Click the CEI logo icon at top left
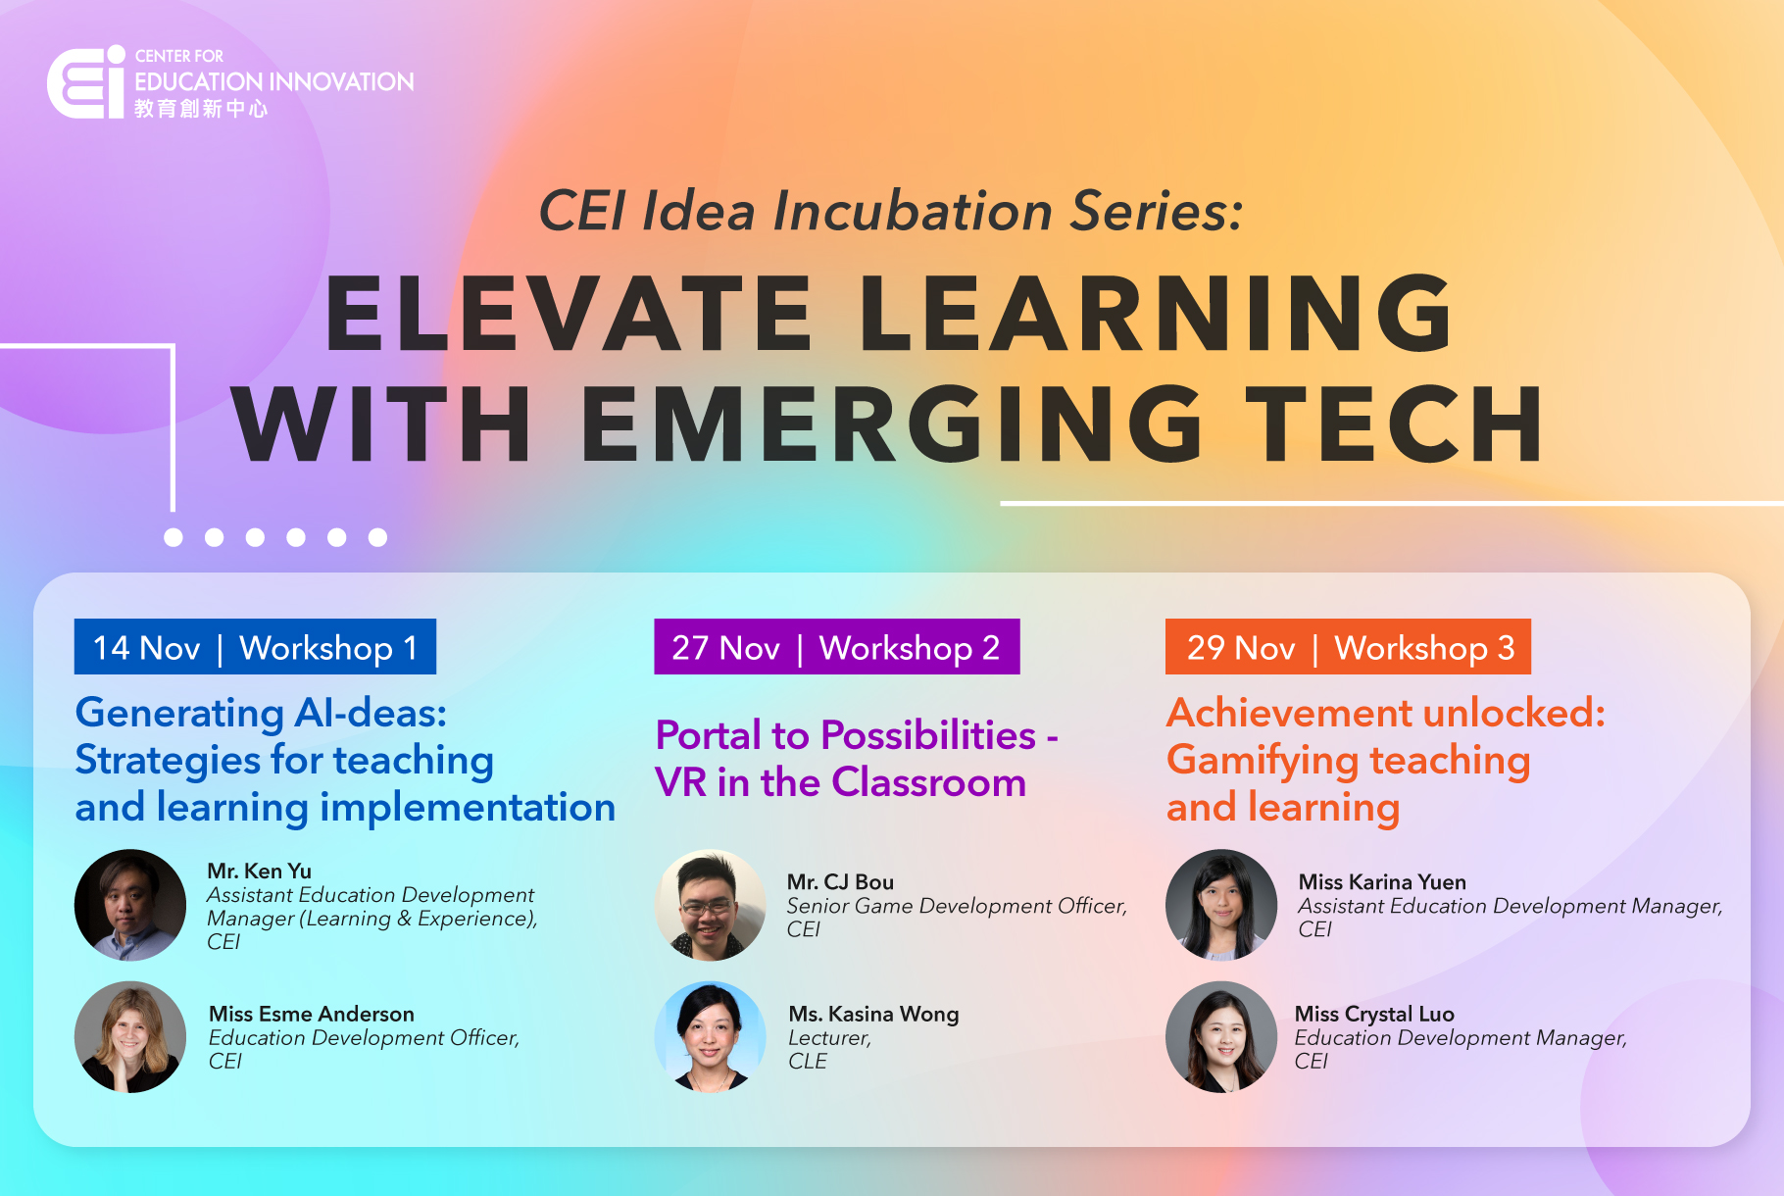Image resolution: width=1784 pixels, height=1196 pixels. point(86,82)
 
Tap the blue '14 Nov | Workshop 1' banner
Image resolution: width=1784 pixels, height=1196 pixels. point(255,647)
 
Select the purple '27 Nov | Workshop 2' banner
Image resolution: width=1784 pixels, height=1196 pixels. point(836,647)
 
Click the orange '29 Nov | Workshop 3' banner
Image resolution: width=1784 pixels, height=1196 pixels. point(1348,647)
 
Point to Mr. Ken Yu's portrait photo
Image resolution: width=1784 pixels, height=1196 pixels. point(130,905)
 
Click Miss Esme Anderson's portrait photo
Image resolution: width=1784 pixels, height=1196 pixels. point(130,1037)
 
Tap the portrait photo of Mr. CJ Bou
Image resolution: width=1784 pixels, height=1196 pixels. point(711,905)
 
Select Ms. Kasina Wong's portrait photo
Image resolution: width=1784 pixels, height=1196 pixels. point(711,1037)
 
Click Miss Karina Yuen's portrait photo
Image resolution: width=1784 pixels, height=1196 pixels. point(1221,905)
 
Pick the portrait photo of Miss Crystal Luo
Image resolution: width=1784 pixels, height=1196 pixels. point(1221,1037)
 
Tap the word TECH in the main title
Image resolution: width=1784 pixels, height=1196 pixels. point(1399,424)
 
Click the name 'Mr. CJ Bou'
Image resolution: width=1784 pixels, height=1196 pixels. point(840,882)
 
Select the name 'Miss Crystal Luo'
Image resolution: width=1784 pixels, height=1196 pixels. point(1374,1014)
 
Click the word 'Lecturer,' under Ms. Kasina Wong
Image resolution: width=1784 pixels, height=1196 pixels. point(829,1038)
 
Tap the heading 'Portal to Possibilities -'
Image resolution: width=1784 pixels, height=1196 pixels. point(857,735)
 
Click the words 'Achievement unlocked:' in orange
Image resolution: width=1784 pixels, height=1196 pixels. point(1386,713)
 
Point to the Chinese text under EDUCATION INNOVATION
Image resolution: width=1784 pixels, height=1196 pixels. point(201,109)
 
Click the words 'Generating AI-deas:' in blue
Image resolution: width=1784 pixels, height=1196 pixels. point(261,713)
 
